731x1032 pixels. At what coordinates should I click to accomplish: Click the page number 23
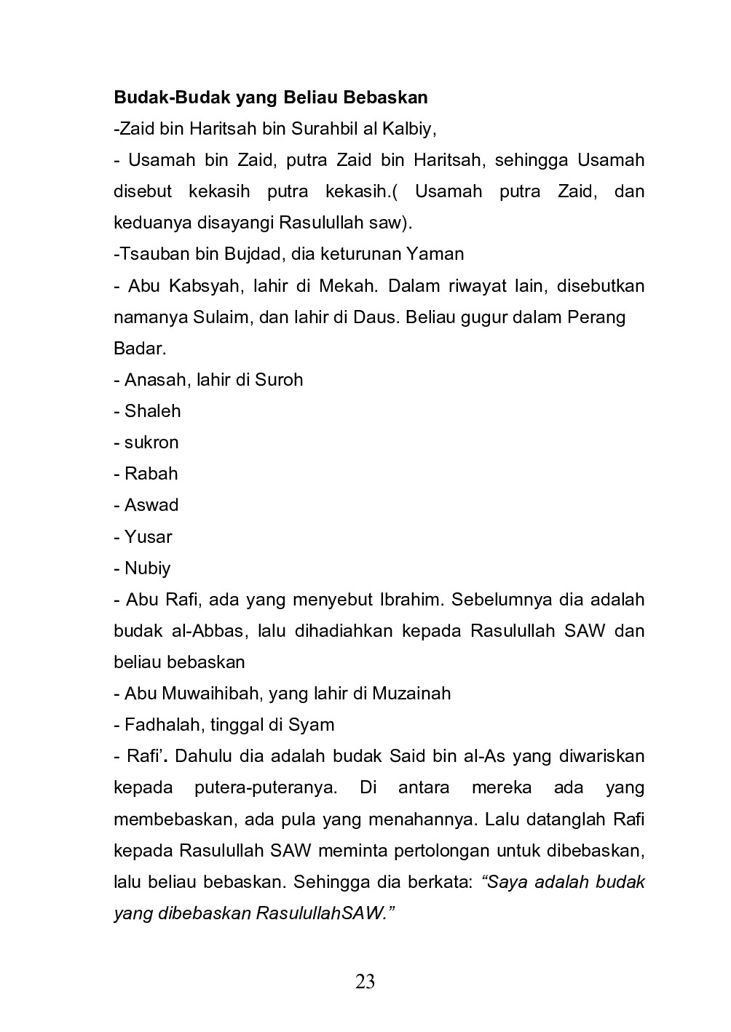click(x=365, y=982)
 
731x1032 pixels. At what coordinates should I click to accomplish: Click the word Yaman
click(x=435, y=254)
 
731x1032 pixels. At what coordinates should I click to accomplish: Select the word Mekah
click(x=347, y=285)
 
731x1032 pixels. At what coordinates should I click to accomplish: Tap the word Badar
click(x=139, y=349)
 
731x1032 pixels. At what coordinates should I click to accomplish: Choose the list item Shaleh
click(x=152, y=411)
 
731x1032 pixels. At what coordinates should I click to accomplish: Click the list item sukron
click(x=151, y=442)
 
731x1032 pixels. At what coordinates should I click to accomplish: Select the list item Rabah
click(x=151, y=474)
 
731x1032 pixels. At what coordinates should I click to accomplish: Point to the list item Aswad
click(x=151, y=505)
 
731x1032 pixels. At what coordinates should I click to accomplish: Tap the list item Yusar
click(x=148, y=537)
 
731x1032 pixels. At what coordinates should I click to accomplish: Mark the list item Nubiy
click(x=147, y=568)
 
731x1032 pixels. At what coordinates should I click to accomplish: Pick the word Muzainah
click(x=411, y=694)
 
